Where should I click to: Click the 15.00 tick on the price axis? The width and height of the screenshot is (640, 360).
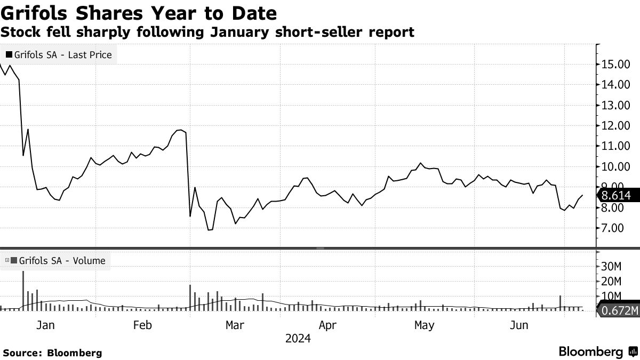coord(615,65)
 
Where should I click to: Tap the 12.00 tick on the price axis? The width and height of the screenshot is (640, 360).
coord(615,126)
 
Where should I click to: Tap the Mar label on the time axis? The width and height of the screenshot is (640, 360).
coord(235,325)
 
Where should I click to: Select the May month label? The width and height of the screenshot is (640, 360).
coord(424,325)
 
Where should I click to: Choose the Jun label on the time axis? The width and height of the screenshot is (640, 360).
coord(518,325)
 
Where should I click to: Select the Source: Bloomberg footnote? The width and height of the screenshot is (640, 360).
coord(52,353)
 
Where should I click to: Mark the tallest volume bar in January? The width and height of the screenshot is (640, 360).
coord(23,291)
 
